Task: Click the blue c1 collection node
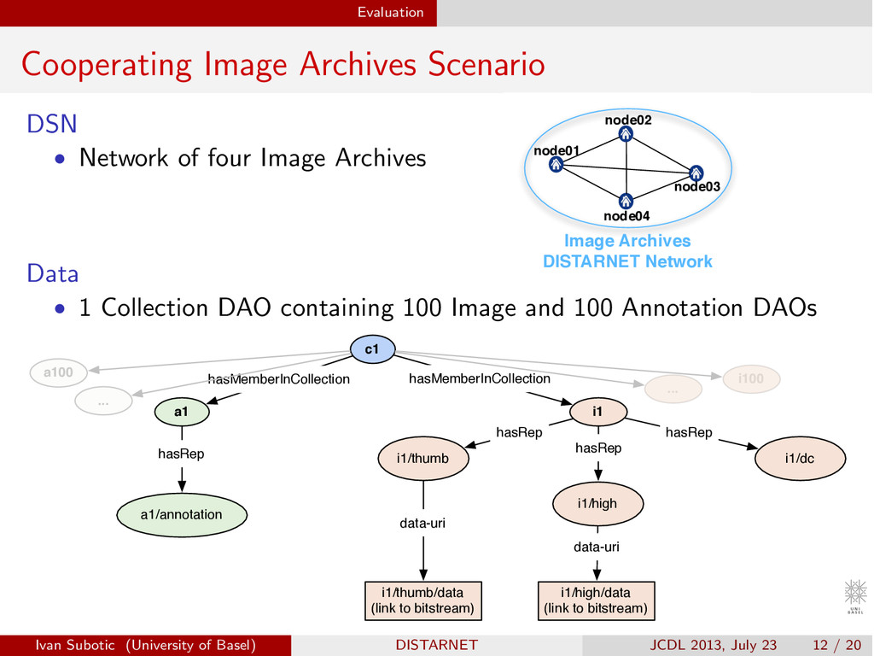click(372, 348)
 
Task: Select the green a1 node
click(182, 412)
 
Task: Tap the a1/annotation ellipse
click(181, 514)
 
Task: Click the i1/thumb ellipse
click(422, 459)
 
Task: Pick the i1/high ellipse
click(597, 504)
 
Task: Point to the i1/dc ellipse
click(800, 459)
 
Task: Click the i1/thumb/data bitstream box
click(422, 600)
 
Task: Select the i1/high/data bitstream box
click(596, 600)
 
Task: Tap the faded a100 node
click(58, 372)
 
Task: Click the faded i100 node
click(751, 378)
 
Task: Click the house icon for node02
click(626, 134)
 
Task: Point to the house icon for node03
click(696, 173)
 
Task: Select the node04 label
click(627, 216)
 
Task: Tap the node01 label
click(556, 150)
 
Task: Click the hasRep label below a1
click(181, 454)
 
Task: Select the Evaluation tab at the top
click(390, 12)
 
